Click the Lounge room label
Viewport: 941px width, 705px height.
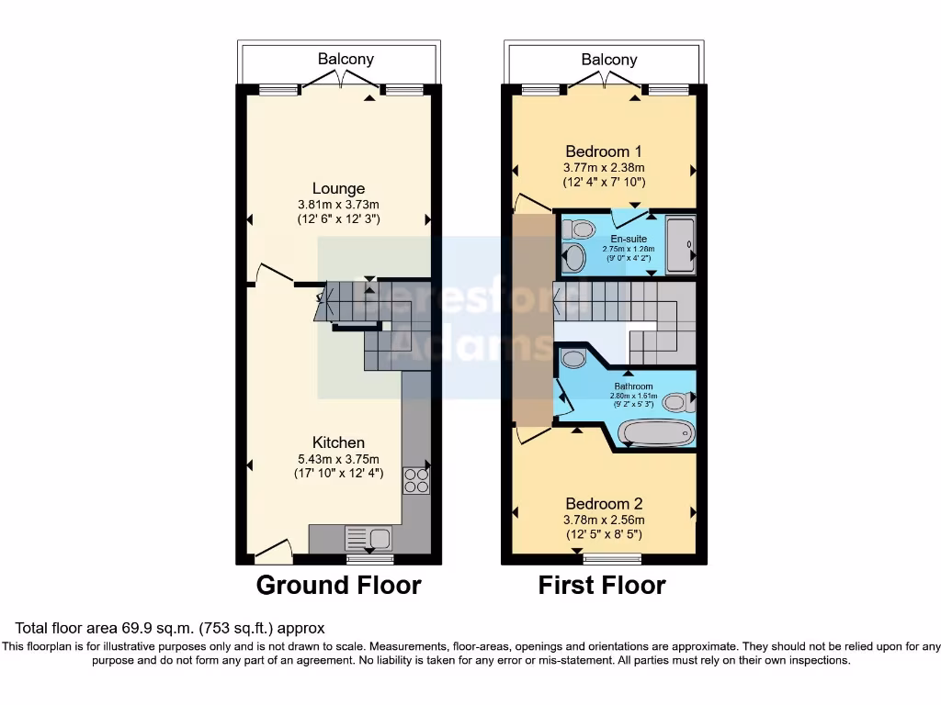[337, 189]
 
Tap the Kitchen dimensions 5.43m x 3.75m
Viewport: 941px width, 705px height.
[337, 458]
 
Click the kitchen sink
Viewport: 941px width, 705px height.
[368, 537]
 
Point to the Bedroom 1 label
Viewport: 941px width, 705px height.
[603, 151]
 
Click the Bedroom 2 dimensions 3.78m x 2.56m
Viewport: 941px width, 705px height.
[604, 520]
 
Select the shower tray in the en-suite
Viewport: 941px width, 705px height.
[681, 244]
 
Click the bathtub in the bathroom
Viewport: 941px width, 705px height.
[655, 432]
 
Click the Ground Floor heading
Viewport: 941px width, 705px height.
[338, 585]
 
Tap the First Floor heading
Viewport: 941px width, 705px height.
[602, 585]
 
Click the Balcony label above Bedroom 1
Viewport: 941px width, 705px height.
[609, 59]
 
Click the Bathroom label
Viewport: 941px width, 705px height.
[634, 386]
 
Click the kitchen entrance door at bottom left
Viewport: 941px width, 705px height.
[274, 552]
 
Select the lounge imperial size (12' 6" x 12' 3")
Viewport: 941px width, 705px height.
[338, 219]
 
